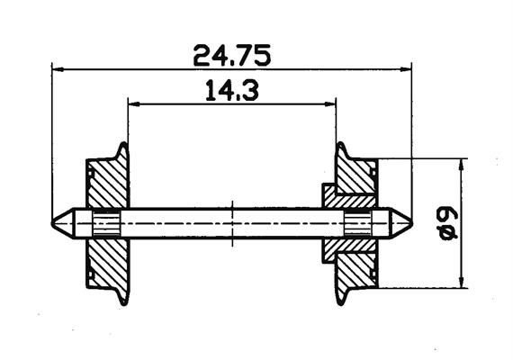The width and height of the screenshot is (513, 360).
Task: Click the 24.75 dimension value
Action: click(x=232, y=55)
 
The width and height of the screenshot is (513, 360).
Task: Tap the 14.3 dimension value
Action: click(x=232, y=90)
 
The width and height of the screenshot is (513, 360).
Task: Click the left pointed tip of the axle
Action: click(x=52, y=224)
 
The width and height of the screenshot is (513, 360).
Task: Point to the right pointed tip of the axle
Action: click(x=412, y=224)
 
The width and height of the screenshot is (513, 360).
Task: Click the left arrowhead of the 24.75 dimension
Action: click(x=58, y=69)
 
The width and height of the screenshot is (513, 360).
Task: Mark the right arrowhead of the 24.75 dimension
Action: click(x=406, y=69)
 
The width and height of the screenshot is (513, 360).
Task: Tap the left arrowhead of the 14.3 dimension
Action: click(x=134, y=104)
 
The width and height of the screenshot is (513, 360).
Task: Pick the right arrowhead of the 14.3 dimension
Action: click(x=330, y=104)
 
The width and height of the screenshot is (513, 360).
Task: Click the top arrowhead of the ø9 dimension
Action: click(x=462, y=165)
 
